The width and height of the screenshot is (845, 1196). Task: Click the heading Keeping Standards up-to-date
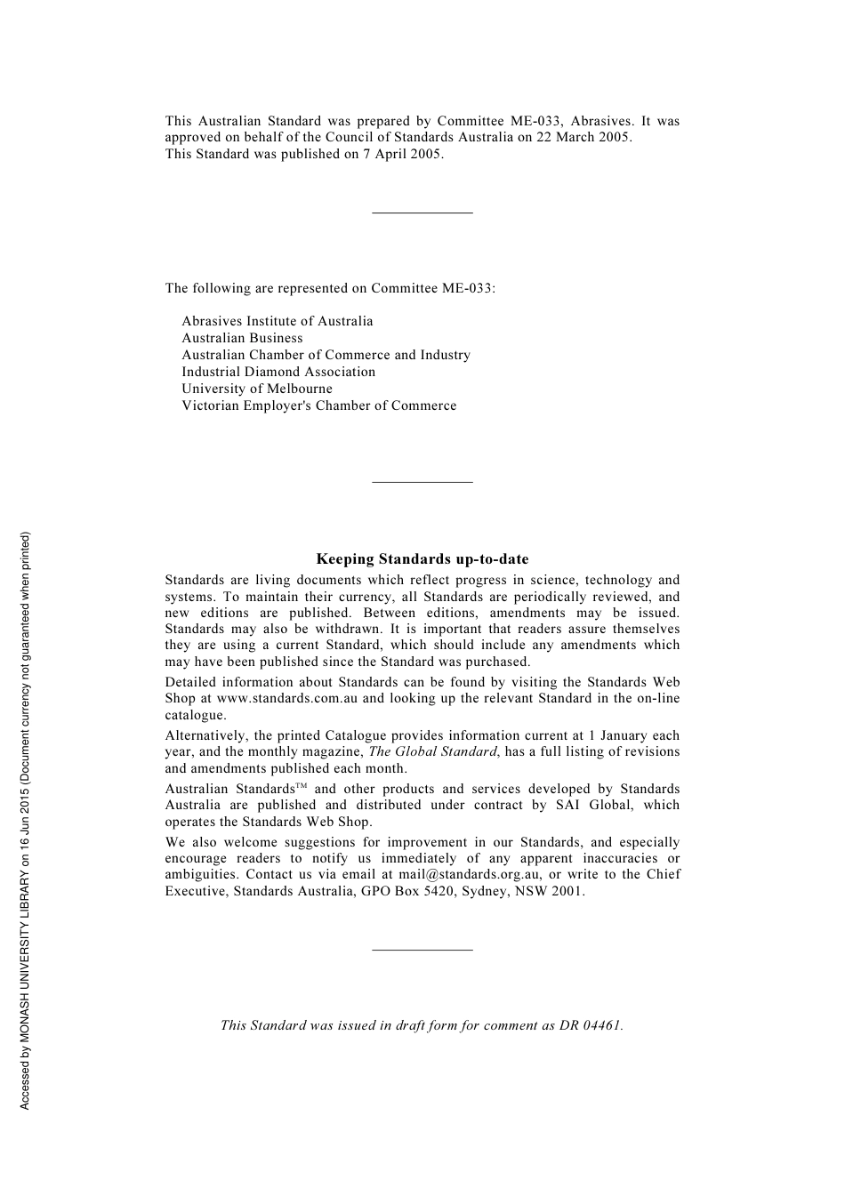pos(422,559)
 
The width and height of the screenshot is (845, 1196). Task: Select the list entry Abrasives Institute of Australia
pos(278,321)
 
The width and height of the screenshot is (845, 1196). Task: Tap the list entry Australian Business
pos(242,338)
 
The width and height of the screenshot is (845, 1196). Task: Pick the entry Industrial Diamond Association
pos(278,372)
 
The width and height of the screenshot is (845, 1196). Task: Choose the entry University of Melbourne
pos(257,389)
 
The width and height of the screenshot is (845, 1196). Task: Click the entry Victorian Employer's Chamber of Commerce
pos(318,405)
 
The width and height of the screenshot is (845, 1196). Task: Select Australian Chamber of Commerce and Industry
pos(326,355)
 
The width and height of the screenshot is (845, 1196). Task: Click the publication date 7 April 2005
pos(402,154)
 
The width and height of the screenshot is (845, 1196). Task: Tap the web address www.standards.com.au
pos(287,699)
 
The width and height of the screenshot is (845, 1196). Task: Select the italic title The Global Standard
pos(432,751)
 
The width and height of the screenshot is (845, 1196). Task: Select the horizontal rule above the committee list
pos(422,213)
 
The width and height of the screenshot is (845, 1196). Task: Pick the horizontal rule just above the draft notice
pos(422,950)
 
